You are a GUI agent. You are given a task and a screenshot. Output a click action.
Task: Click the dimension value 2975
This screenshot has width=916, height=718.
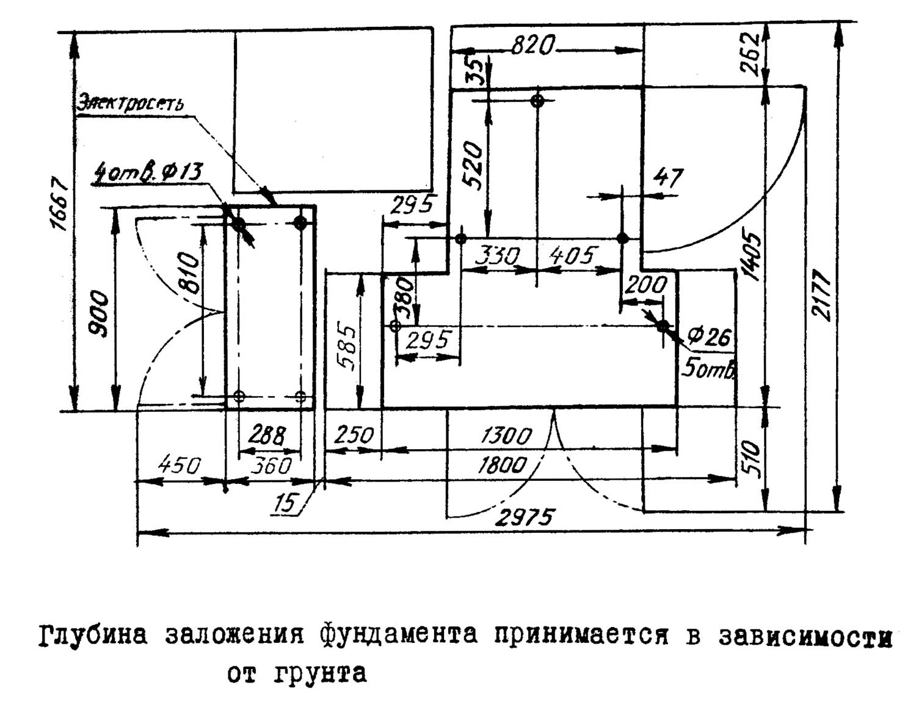(524, 518)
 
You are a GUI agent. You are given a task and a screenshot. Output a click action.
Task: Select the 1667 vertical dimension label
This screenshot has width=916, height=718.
(59, 204)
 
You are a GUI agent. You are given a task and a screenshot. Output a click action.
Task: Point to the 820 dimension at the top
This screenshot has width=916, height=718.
(532, 45)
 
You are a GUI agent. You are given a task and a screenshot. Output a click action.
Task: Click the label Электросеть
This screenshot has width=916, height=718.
(129, 103)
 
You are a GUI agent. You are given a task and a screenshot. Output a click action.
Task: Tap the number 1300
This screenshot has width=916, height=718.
(506, 436)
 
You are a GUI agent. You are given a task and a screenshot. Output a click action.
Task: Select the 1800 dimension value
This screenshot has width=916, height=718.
(501, 466)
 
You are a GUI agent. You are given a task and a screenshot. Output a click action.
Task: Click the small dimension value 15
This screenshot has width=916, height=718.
(285, 503)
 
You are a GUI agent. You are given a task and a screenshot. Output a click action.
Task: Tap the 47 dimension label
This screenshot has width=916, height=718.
(668, 178)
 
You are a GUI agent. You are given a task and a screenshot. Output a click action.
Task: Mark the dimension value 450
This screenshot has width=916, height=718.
(179, 466)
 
